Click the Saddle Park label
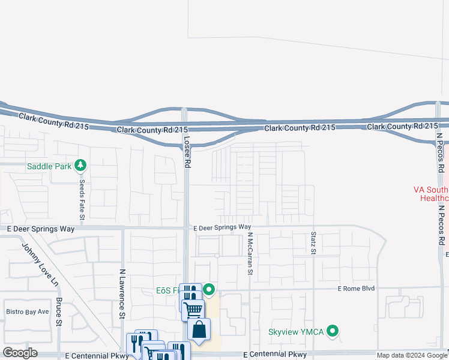[x=49, y=166]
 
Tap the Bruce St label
[x=59, y=311]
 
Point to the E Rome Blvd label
[x=357, y=289]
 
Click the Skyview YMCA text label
[x=297, y=331]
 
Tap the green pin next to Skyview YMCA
[x=334, y=331]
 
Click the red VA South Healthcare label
[x=431, y=193]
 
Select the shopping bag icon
[x=199, y=329]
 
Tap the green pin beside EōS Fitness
[x=209, y=290]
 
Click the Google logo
[x=20, y=353]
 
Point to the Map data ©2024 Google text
[x=412, y=355]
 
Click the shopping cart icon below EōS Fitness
[x=193, y=310]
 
